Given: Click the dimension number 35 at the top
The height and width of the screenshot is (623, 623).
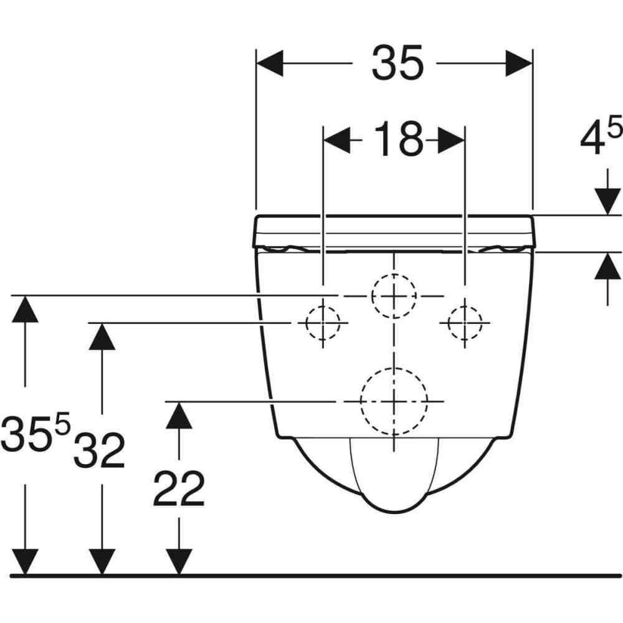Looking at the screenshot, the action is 397,63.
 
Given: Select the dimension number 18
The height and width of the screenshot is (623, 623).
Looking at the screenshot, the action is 399,139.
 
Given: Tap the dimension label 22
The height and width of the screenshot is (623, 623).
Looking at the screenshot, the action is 179,488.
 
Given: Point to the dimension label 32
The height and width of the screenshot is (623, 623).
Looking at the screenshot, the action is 99,450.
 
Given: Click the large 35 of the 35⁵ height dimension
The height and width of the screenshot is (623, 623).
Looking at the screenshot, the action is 27,434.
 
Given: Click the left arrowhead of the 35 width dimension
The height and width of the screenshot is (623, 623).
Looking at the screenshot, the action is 270,63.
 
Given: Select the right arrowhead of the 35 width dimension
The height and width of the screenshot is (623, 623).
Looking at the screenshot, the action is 518,63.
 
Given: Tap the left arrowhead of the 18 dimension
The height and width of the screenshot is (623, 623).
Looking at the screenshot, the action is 337,140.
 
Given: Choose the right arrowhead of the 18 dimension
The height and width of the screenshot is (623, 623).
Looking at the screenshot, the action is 451,140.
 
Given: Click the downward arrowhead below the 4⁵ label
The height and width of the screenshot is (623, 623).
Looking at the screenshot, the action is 607,201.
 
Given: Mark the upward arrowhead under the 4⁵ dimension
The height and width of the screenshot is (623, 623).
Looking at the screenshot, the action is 607,266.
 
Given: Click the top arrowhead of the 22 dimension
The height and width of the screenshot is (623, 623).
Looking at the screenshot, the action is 179,415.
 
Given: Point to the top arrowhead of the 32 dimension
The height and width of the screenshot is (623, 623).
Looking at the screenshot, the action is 102,336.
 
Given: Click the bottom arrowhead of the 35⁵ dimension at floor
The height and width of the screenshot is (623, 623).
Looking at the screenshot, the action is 25,562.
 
